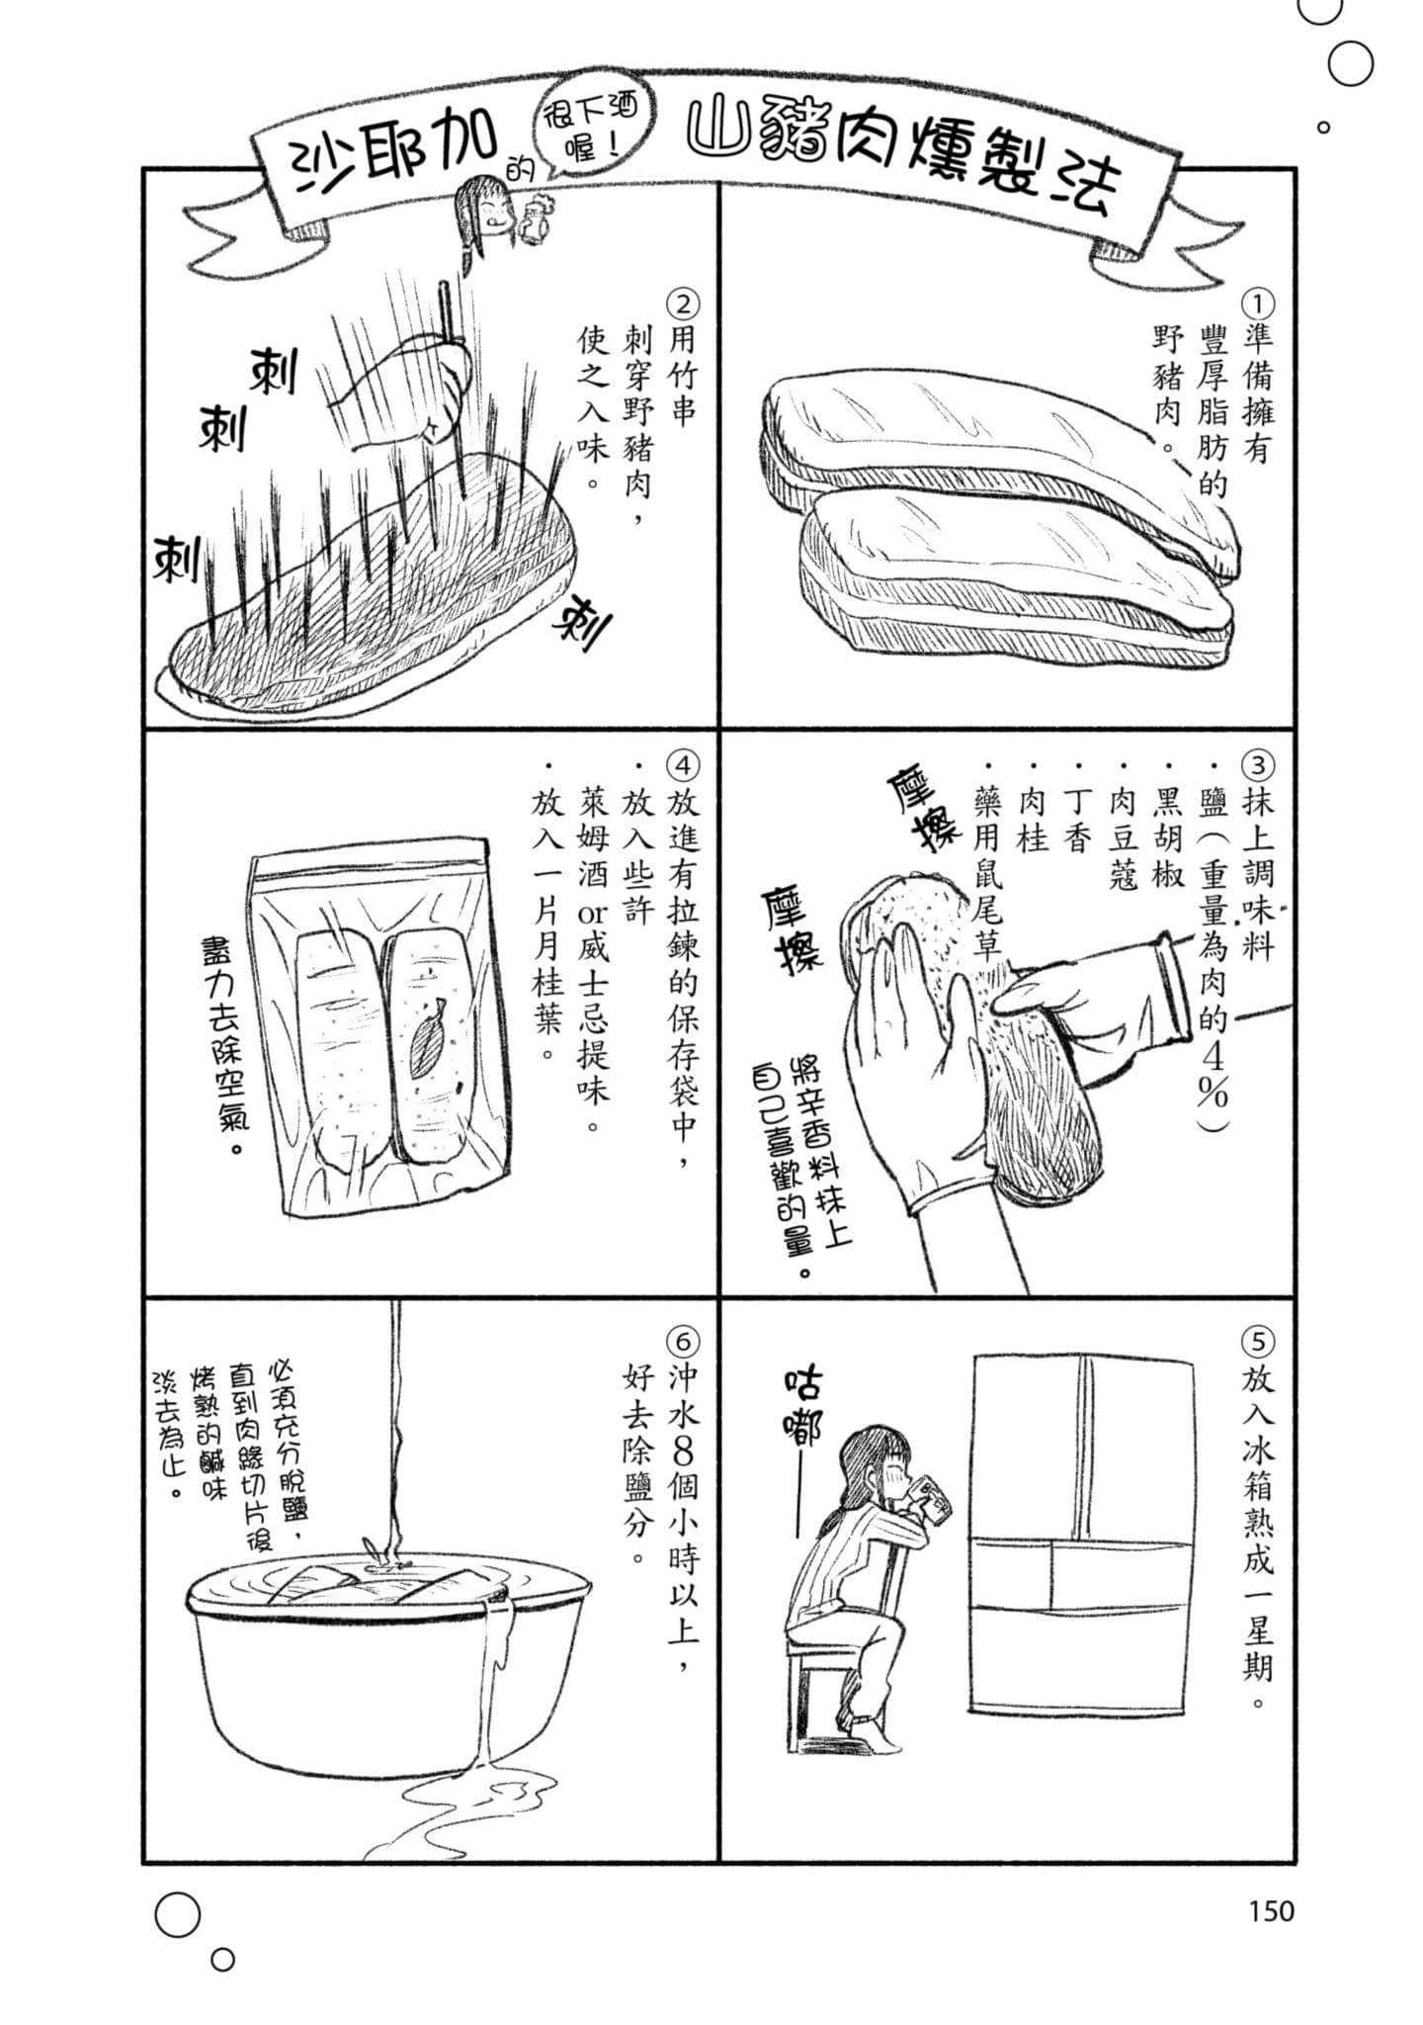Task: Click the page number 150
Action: [x=1269, y=1910]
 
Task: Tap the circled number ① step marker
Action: [x=1258, y=301]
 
